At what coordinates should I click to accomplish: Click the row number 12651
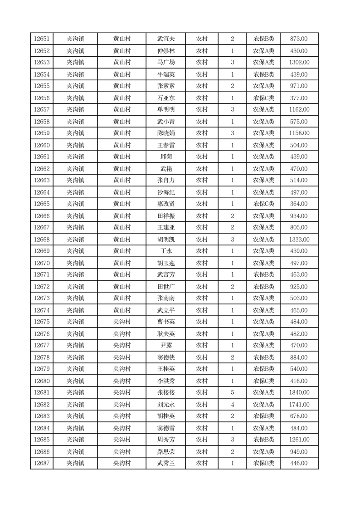[x=41, y=39]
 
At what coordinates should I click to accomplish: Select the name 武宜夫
[x=165, y=39]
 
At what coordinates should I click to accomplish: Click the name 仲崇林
[x=165, y=51]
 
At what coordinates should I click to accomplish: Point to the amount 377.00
[x=299, y=98]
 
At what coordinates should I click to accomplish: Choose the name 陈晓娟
[x=165, y=133]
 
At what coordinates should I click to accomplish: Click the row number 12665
[x=41, y=204]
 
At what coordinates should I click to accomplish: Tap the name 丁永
[x=165, y=251]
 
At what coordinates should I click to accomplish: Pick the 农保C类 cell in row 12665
[x=263, y=204]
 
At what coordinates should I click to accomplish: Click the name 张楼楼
[x=165, y=392]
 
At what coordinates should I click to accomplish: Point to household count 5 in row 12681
[x=232, y=392]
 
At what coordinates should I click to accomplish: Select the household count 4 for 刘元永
[x=232, y=404]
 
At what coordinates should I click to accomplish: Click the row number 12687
[x=41, y=463]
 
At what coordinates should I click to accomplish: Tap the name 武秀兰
[x=165, y=463]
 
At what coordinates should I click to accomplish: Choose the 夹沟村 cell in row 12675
[x=122, y=322]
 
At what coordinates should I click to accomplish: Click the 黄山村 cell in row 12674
[x=122, y=310]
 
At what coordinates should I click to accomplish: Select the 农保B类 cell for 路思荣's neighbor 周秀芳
[x=263, y=440]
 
